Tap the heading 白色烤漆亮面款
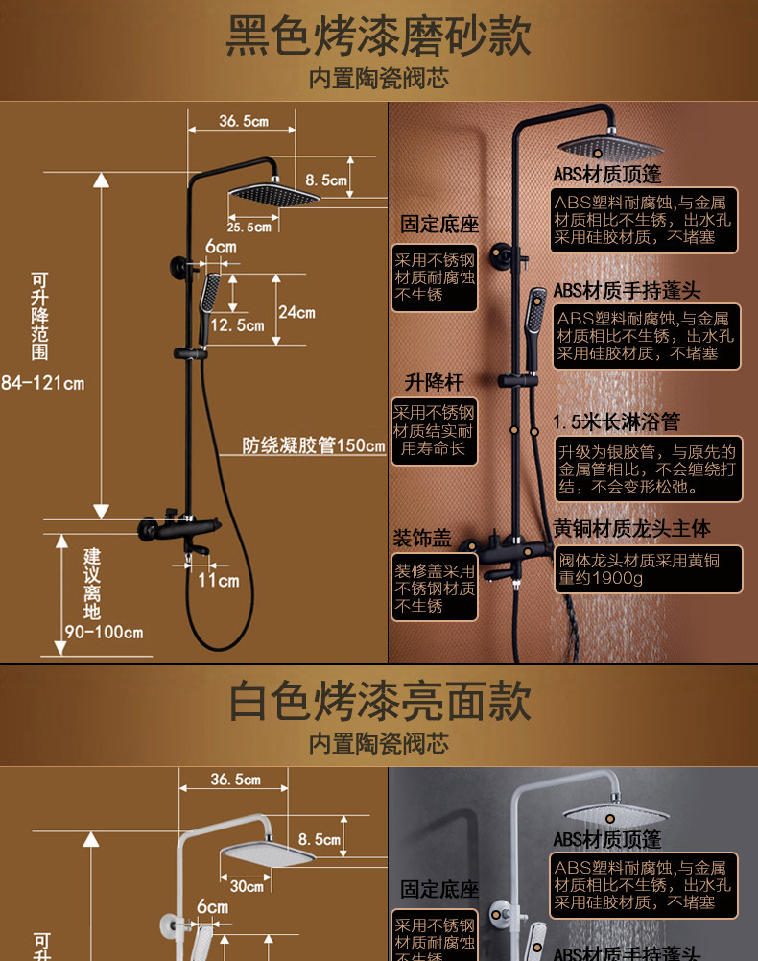(379, 702)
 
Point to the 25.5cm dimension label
(249, 228)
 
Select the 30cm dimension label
(247, 886)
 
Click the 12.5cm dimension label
(237, 325)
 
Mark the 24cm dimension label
(296, 312)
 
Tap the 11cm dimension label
(218, 580)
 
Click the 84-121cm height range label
(43, 384)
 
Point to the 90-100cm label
(104, 632)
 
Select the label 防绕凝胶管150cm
(313, 445)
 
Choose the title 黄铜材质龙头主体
(632, 529)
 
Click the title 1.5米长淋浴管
(617, 421)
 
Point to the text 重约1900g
(602, 578)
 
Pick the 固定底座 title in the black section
(439, 225)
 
